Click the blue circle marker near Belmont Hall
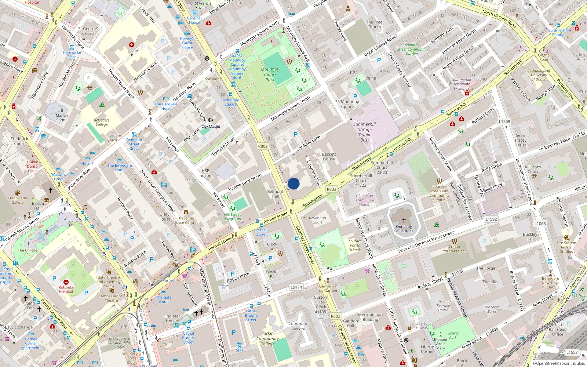click(x=293, y=183)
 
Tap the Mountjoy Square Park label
click(x=270, y=74)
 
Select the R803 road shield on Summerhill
click(x=331, y=189)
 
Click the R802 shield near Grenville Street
click(x=263, y=146)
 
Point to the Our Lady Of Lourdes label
click(x=404, y=229)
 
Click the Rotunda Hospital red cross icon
click(x=66, y=282)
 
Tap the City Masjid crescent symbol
click(x=211, y=120)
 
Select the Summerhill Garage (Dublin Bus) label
click(x=364, y=132)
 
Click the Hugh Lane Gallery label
click(x=18, y=200)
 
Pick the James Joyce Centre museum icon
click(x=186, y=212)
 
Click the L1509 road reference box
click(x=504, y=121)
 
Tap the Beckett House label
click(x=329, y=157)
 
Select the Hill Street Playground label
click(x=233, y=217)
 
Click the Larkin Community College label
click(x=267, y=339)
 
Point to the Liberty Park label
click(x=453, y=335)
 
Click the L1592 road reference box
click(x=491, y=219)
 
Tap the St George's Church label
click(x=89, y=31)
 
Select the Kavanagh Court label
click(x=317, y=220)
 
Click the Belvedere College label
click(x=102, y=122)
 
